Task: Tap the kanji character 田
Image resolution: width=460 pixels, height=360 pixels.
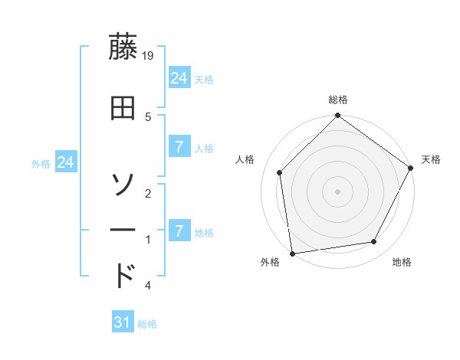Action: [x=123, y=108]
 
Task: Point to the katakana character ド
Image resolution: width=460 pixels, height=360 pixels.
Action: [x=123, y=275]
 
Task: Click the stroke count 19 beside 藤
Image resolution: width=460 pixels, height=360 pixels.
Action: [x=149, y=56]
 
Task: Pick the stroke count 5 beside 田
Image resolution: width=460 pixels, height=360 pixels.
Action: [x=148, y=116]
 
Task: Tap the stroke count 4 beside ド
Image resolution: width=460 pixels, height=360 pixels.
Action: [x=147, y=286]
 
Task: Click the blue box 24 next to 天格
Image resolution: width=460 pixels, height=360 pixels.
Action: [x=179, y=78]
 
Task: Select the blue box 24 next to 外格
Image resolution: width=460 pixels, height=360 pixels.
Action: [x=66, y=162]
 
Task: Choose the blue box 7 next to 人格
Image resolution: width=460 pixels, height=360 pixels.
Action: [x=179, y=147]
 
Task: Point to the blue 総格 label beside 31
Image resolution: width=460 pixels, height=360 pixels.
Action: [x=147, y=324]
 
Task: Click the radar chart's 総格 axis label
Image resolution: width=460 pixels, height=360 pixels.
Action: [x=338, y=100]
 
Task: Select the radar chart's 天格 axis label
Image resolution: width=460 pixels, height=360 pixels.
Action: [x=431, y=159]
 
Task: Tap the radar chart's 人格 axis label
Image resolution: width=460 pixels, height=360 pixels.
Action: [x=245, y=159]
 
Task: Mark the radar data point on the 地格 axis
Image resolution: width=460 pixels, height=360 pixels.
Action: [x=374, y=242]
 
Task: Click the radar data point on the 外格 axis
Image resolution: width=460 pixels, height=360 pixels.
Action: [x=292, y=253]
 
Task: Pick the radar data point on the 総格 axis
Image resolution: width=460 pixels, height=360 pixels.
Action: [x=337, y=116]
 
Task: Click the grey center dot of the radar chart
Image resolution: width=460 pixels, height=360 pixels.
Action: [x=337, y=191]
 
